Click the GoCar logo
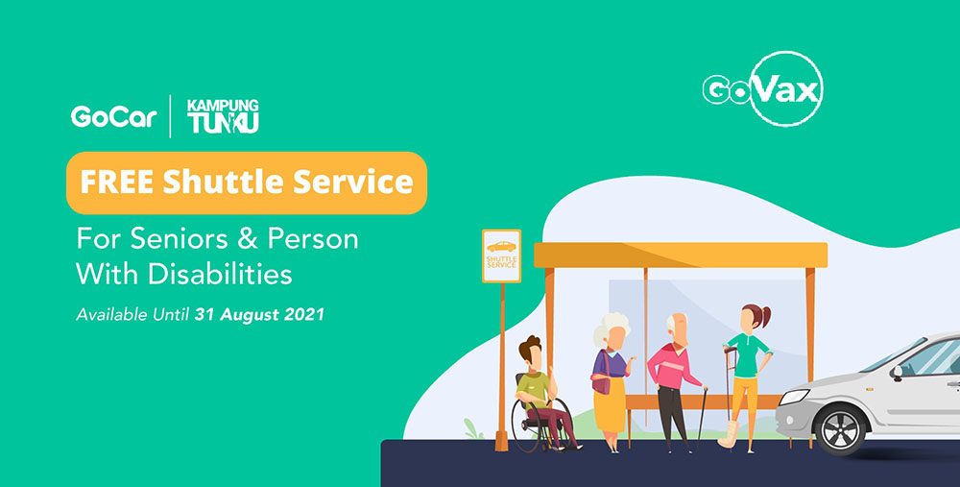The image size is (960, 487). [114, 116]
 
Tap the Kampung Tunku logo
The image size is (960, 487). [223, 116]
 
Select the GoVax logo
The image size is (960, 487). [763, 88]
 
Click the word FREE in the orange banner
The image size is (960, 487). [117, 183]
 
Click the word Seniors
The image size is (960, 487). [182, 239]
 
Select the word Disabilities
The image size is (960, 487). [220, 275]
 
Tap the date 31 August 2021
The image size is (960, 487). [259, 315]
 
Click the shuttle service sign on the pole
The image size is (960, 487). [501, 256]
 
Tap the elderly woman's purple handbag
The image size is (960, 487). [602, 381]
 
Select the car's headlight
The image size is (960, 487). [794, 397]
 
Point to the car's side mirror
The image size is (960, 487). [897, 372]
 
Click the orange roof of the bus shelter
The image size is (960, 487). [681, 255]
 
